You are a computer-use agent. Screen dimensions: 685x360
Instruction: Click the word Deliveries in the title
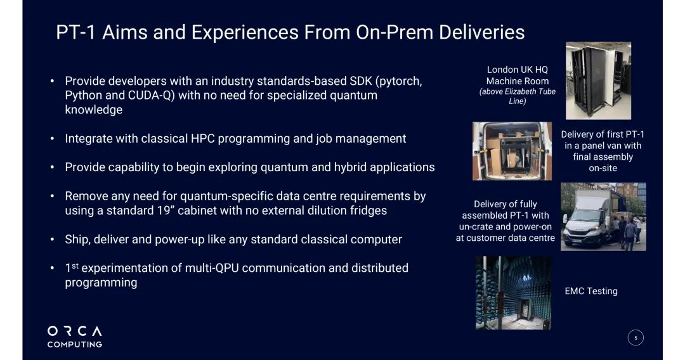pyautogui.click(x=481, y=32)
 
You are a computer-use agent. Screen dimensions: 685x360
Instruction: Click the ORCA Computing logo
pyautogui.click(x=75, y=337)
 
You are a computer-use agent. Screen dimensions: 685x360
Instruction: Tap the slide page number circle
pyautogui.click(x=636, y=338)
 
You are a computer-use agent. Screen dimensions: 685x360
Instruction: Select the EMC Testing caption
pyautogui.click(x=591, y=291)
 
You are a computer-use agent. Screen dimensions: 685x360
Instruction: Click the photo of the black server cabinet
pyautogui.click(x=598, y=80)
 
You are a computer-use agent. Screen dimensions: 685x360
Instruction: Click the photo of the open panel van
pyautogui.click(x=512, y=151)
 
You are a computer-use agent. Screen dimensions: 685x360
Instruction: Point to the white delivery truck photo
pyautogui.click(x=603, y=217)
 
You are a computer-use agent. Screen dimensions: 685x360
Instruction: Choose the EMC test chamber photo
pyautogui.click(x=513, y=293)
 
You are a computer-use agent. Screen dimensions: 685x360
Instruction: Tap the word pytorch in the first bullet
pyautogui.click(x=400, y=82)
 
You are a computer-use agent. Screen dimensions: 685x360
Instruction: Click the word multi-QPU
pyautogui.click(x=211, y=268)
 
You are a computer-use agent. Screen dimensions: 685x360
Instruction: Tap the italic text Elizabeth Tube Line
pyautogui.click(x=518, y=96)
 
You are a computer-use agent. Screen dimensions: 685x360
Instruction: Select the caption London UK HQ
pyautogui.click(x=518, y=69)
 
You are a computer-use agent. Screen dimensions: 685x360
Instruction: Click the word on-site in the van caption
pyautogui.click(x=603, y=168)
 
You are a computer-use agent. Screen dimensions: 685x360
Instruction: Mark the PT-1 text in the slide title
pyautogui.click(x=75, y=32)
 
